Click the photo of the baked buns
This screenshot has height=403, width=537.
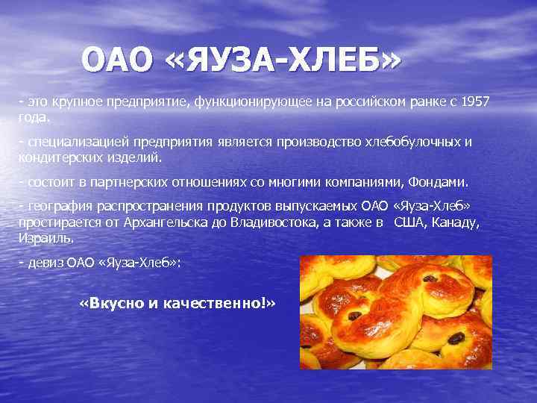pos(395,313)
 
